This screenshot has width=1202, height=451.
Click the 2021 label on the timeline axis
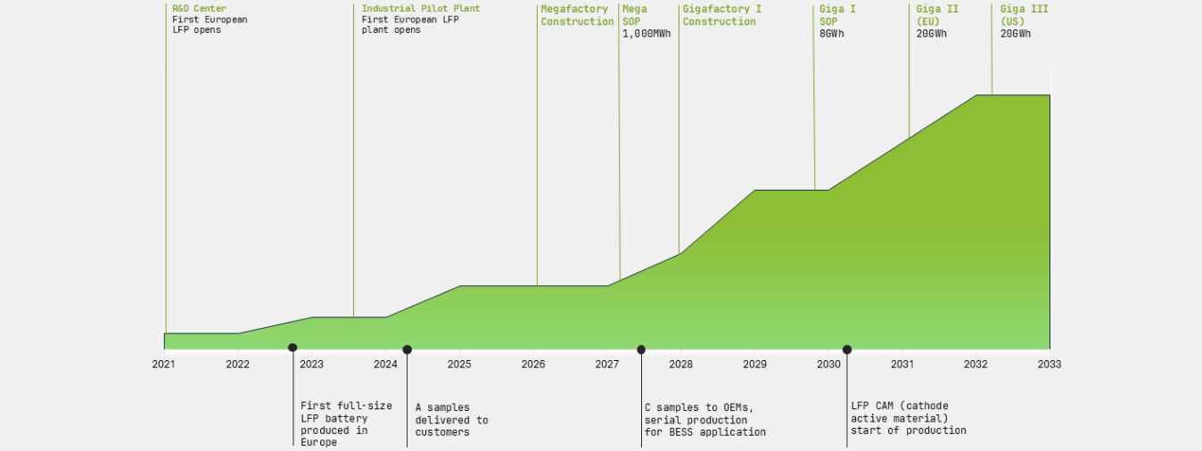163,364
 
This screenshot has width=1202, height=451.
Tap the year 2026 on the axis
533,364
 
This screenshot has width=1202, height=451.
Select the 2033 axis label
1049,364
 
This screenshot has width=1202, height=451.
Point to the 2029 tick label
754,364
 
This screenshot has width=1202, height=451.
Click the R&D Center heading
199,9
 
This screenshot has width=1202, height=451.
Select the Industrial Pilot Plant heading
420,9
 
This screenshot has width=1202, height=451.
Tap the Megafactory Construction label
577,15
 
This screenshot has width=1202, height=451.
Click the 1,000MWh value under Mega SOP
646,34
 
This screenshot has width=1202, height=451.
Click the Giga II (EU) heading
937,15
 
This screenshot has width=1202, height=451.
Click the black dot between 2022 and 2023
292,348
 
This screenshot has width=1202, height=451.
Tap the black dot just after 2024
408,349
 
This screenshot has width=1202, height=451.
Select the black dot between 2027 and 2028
641,349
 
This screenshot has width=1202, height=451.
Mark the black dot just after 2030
847,349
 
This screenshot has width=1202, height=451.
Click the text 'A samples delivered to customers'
451,420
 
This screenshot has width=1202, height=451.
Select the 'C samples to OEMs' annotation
704,420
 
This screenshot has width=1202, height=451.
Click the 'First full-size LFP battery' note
334,424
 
